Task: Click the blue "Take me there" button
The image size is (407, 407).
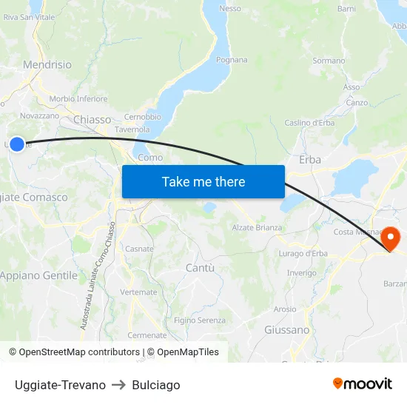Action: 203,181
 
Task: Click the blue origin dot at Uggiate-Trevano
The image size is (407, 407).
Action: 17,144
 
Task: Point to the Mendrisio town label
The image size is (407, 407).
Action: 47,65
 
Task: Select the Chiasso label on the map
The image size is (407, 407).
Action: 92,119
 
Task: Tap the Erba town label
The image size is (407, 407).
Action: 309,159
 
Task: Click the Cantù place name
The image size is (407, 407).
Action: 200,267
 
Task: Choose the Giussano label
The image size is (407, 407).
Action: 286,329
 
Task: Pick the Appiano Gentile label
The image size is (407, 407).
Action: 38,275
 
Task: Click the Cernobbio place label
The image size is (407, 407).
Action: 143,117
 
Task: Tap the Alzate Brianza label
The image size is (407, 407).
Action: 257,227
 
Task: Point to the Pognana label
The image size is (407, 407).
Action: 232,60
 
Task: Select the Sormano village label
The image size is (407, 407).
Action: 329,61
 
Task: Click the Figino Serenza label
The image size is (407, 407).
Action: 200,320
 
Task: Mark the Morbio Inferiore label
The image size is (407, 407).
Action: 78,98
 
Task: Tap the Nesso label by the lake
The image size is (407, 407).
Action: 230,8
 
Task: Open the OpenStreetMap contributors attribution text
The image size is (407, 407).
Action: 74,352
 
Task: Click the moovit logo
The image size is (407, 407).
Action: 362,383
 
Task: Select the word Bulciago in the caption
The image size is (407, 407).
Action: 155,385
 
